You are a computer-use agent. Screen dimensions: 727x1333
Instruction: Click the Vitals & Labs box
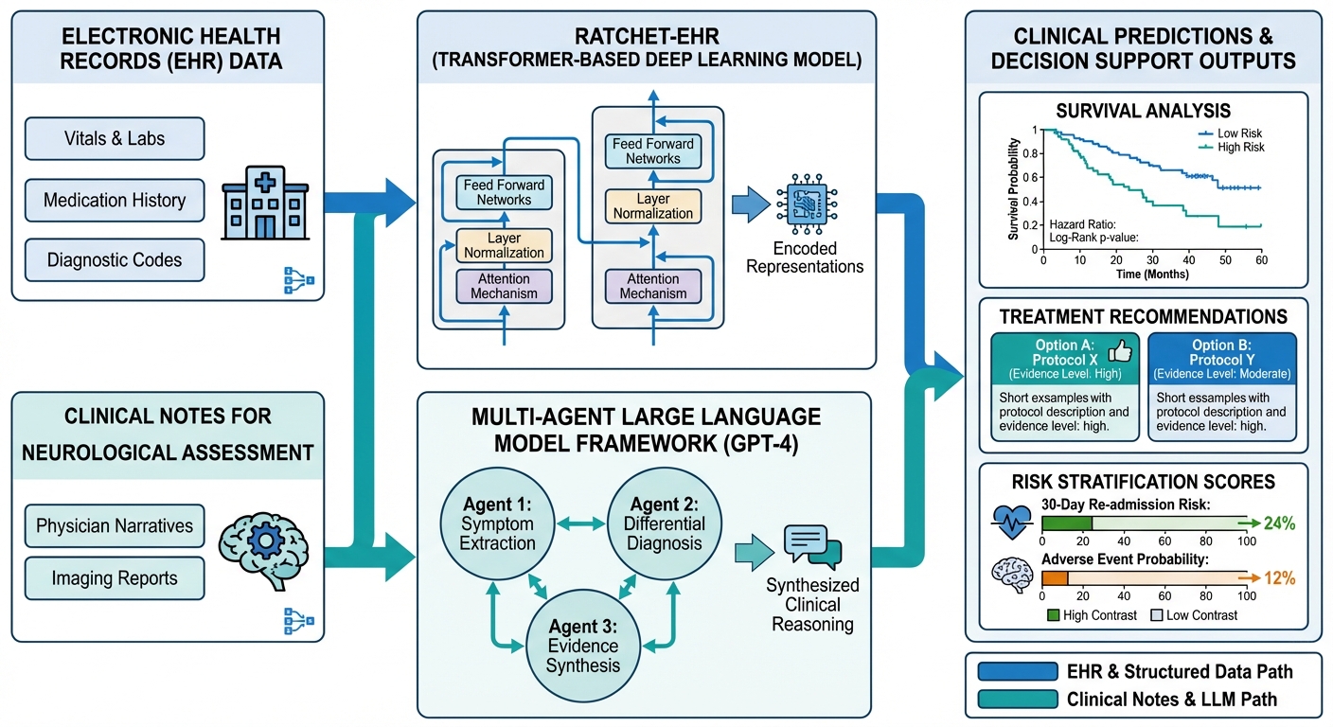click(114, 138)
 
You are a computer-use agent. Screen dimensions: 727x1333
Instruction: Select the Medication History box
click(114, 200)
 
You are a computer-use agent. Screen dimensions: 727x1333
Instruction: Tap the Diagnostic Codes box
click(114, 259)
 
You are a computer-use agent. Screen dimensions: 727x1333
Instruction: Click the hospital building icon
click(264, 199)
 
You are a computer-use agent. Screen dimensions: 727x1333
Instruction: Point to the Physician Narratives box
click(114, 525)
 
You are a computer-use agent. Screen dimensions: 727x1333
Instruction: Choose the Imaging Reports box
click(114, 578)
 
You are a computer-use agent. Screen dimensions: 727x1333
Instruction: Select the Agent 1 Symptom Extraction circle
click(497, 522)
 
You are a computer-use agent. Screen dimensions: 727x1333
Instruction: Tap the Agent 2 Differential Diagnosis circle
click(663, 522)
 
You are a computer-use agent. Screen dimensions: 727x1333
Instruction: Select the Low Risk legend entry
click(1231, 133)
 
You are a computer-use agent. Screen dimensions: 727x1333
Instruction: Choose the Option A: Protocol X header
click(1062, 357)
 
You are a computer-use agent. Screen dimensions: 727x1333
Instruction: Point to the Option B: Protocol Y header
click(1220, 357)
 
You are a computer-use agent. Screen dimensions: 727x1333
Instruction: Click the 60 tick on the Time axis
click(1259, 259)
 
